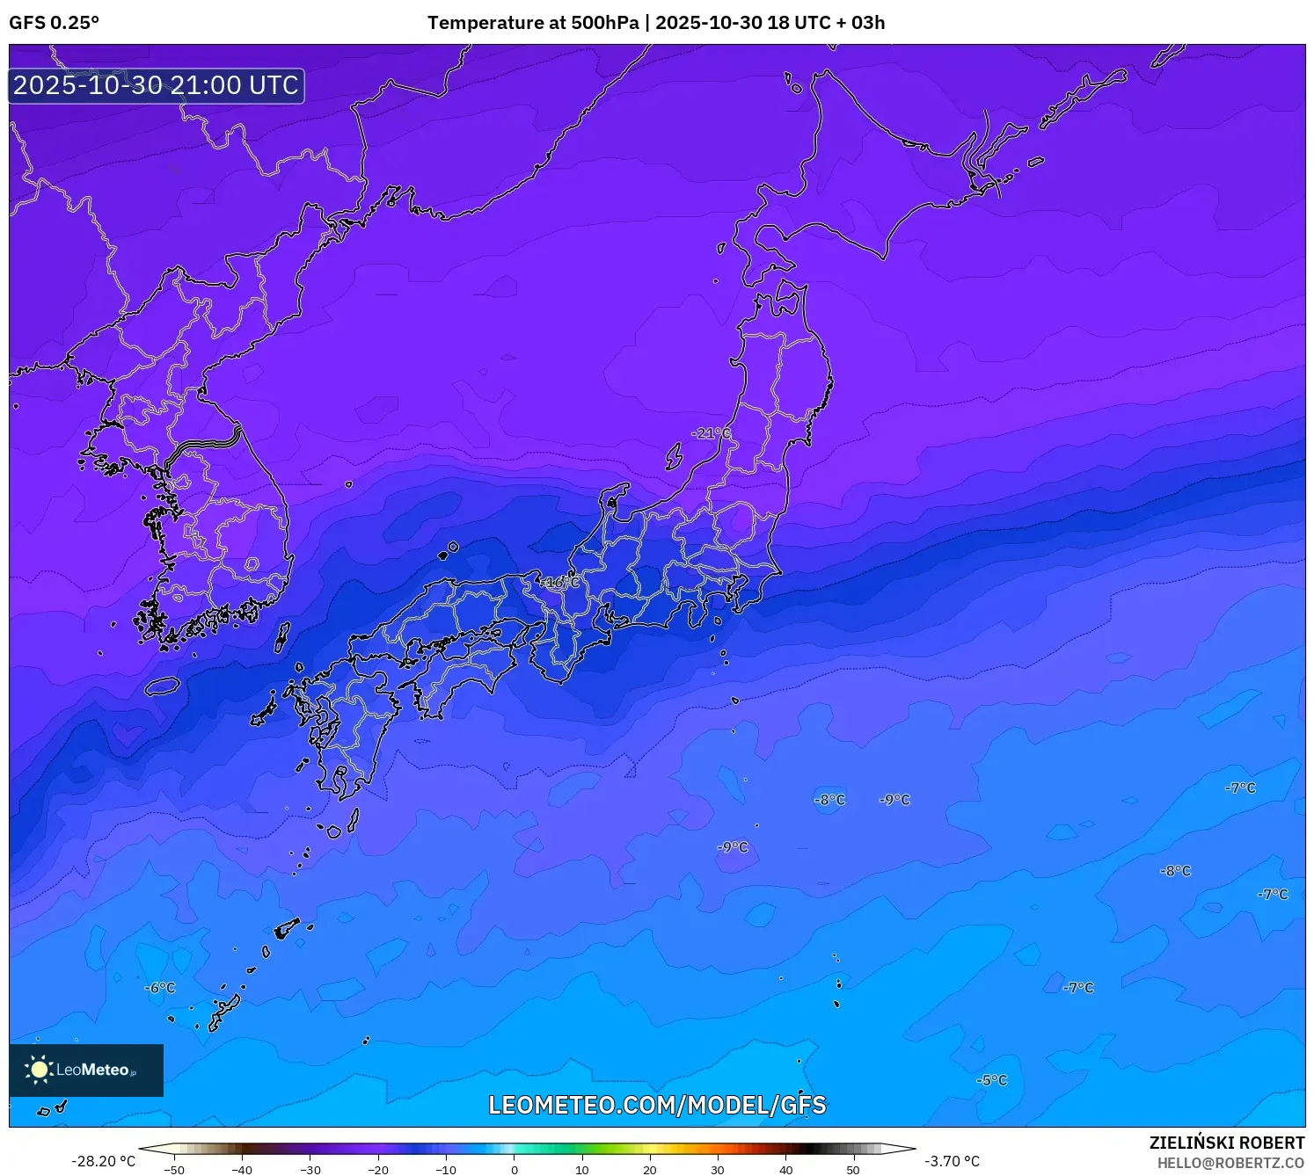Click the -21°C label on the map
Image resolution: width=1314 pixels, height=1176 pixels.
click(710, 433)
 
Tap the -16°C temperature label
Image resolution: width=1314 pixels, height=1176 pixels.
click(560, 583)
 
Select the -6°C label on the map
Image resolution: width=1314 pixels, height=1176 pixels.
click(160, 988)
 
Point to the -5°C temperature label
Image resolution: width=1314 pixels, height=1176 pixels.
click(992, 1080)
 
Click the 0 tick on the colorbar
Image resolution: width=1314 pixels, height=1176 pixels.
click(515, 1170)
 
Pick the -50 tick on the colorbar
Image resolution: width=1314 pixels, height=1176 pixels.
click(174, 1170)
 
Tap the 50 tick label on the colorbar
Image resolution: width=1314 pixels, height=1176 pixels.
click(853, 1170)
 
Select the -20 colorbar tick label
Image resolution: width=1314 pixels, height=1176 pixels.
click(378, 1170)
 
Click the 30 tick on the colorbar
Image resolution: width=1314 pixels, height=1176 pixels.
click(718, 1170)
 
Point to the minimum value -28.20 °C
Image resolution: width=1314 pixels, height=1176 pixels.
click(104, 1161)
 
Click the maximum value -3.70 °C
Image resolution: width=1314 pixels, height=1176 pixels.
click(952, 1161)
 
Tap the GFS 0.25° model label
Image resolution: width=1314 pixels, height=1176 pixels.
click(55, 23)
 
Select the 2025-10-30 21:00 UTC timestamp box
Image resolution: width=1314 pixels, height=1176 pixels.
click(157, 85)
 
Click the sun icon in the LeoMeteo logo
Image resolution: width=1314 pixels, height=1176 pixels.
click(39, 1070)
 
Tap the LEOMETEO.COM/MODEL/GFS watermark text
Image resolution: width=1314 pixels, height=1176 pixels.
click(657, 1105)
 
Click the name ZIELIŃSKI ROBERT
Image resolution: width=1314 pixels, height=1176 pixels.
click(1227, 1143)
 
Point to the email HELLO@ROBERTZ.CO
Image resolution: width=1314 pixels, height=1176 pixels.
click(1230, 1163)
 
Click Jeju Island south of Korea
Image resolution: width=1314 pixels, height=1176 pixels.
click(163, 686)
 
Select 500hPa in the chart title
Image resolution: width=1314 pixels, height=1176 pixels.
click(605, 23)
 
